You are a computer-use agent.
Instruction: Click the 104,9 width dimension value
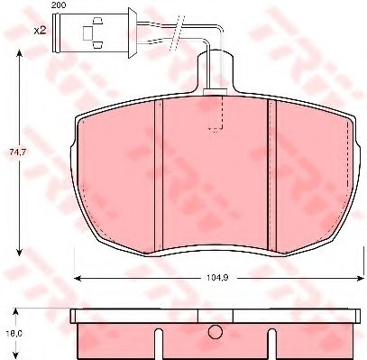point(217,278)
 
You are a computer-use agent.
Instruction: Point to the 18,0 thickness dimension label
point(14,334)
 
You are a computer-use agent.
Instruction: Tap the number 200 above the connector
point(59,5)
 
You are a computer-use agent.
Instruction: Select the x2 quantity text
point(40,31)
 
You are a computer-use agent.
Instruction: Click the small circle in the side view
point(216,332)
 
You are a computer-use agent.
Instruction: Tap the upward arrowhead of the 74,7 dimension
point(19,54)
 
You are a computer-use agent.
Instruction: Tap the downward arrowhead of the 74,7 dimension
point(19,252)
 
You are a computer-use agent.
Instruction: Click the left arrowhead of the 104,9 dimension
point(78,279)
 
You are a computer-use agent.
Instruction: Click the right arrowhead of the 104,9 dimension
point(360,279)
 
